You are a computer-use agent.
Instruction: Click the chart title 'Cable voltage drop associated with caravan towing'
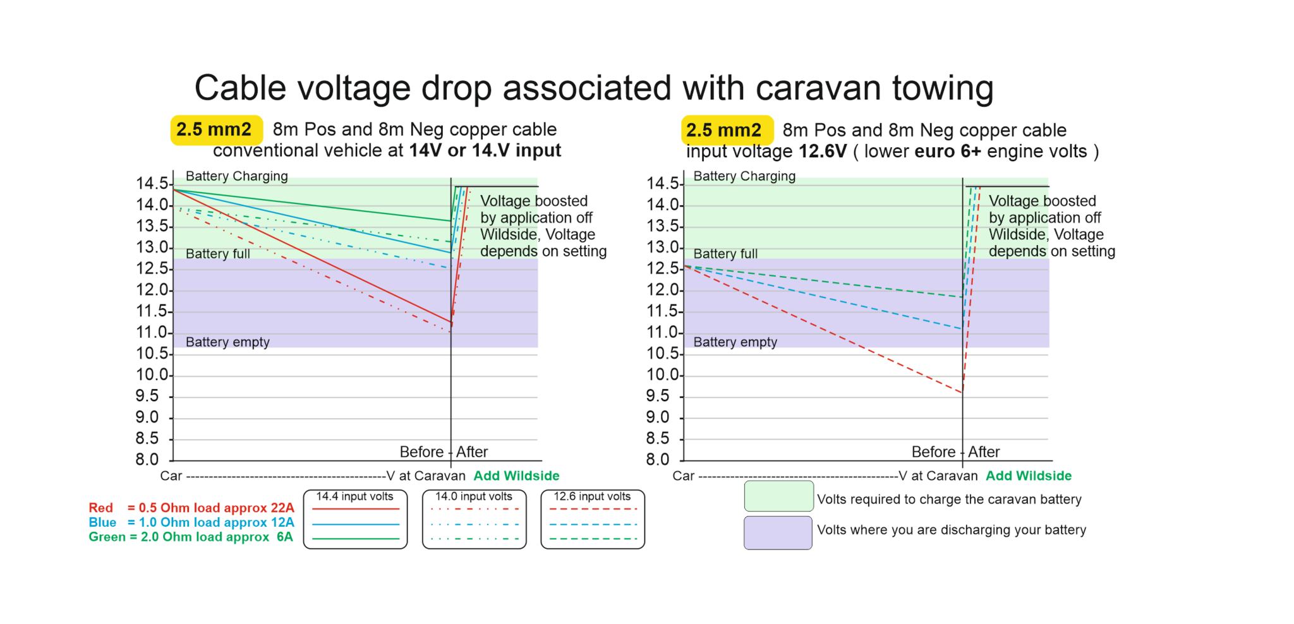point(593,88)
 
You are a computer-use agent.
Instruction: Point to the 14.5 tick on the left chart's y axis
point(152,184)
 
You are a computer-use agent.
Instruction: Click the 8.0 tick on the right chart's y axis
point(658,459)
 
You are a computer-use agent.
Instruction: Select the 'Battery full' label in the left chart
point(217,254)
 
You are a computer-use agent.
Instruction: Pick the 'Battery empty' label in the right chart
point(735,342)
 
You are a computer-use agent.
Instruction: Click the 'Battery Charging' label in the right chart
point(744,176)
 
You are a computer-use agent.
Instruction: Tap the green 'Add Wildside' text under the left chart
point(516,476)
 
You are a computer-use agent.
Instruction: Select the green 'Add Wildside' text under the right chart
point(1028,476)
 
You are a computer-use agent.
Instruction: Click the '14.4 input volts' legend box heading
point(354,497)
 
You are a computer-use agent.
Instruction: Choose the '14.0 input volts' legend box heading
point(473,497)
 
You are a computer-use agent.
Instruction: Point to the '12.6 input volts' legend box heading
point(592,497)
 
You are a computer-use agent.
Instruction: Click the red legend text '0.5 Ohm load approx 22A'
point(211,508)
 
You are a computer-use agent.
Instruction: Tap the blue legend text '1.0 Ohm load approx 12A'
point(211,522)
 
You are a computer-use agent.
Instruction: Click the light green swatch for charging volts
point(778,496)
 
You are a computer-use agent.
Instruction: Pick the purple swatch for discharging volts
point(777,532)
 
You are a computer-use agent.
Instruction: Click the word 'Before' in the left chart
point(421,452)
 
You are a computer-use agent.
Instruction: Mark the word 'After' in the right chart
point(984,452)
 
